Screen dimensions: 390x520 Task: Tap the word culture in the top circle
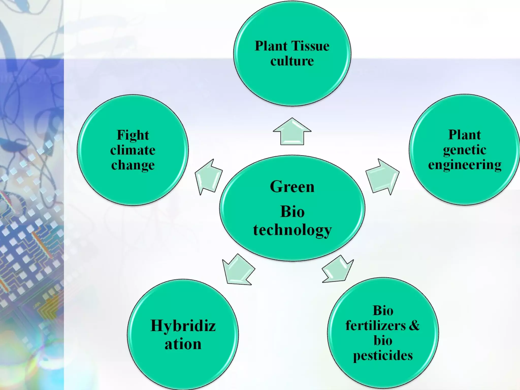click(292, 61)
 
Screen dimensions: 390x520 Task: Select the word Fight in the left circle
click(133, 135)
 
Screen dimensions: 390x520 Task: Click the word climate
click(133, 150)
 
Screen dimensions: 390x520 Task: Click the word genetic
click(464, 150)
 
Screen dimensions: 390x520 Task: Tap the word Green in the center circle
click(292, 187)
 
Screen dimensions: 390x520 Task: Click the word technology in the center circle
click(292, 230)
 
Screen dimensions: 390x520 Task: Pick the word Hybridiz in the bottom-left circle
click(183, 326)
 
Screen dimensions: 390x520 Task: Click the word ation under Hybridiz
click(183, 344)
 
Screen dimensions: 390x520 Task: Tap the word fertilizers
click(376, 326)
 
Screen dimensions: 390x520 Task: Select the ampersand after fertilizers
click(414, 326)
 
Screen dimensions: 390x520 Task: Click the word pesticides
click(383, 355)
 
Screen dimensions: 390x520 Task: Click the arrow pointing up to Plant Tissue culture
click(292, 132)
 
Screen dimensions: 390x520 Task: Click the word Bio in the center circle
click(292, 212)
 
